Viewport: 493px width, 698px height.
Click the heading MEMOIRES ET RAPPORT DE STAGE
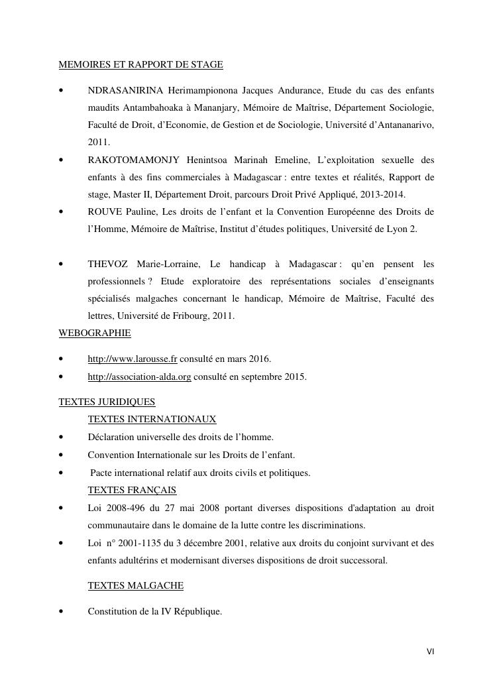pyautogui.click(x=140, y=64)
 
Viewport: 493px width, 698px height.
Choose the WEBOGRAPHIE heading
pyautogui.click(x=95, y=333)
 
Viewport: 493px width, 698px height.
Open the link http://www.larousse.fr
pyautogui.click(x=133, y=359)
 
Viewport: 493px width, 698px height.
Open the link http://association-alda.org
pyautogui.click(x=139, y=377)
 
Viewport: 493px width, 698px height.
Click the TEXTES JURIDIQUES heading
pyautogui.click(x=107, y=402)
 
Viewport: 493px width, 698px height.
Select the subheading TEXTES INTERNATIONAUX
pyautogui.click(x=152, y=419)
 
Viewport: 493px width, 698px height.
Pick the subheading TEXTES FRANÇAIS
pyautogui.click(x=132, y=490)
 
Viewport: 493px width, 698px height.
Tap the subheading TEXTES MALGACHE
pyautogui.click(x=135, y=585)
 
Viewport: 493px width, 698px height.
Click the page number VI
pyautogui.click(x=430, y=652)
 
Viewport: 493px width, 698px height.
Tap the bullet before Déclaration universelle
pyautogui.click(x=61, y=437)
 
